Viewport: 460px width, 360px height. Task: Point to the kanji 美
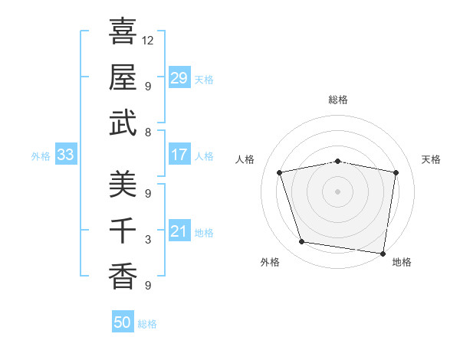click(123, 184)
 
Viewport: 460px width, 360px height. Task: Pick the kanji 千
click(123, 230)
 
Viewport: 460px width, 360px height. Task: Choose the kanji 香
click(123, 276)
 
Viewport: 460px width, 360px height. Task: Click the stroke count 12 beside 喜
click(148, 40)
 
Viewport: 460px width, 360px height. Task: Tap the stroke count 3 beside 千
click(148, 240)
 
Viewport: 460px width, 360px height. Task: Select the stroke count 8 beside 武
click(148, 132)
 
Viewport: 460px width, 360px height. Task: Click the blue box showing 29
click(179, 77)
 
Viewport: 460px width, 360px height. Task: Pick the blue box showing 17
click(179, 155)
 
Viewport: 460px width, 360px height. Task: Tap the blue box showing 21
click(179, 232)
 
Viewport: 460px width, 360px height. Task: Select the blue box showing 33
click(66, 155)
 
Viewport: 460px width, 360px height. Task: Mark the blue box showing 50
click(123, 322)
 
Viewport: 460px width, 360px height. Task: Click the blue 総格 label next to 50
click(147, 324)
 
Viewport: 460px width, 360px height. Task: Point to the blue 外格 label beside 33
click(41, 156)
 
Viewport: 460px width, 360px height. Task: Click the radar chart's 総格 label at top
click(338, 100)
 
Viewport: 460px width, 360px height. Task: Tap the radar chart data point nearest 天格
click(396, 172)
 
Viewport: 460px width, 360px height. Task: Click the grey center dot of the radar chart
click(338, 191)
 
